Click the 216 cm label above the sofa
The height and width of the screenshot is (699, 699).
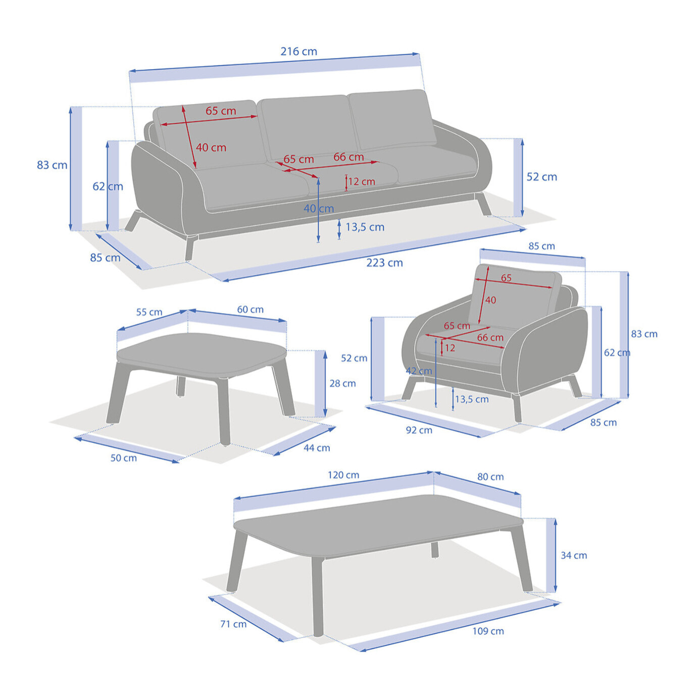coord(298,52)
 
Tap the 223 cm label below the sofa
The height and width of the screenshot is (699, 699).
coord(384,263)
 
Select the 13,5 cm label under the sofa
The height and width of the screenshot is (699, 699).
coord(365,227)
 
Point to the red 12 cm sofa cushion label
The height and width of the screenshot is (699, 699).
coord(361,181)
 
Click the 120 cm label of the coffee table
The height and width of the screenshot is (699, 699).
coord(343,475)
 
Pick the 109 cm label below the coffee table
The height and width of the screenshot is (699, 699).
coord(488,631)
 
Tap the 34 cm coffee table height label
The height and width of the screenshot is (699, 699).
coord(574,555)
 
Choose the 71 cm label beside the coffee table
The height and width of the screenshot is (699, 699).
coord(233,624)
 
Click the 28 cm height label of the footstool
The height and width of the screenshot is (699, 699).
coord(342,383)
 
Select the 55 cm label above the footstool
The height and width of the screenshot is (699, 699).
coord(149,312)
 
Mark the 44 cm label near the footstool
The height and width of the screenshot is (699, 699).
coord(317,448)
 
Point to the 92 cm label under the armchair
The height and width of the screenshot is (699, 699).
coord(419,430)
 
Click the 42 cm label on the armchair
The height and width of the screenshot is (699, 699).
coord(419,371)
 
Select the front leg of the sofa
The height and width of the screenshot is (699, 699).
coord(190,247)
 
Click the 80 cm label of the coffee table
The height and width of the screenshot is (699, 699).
coord(490,477)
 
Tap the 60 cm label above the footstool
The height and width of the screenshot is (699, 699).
coord(251,310)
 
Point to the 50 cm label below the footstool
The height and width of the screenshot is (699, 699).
coord(124,458)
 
